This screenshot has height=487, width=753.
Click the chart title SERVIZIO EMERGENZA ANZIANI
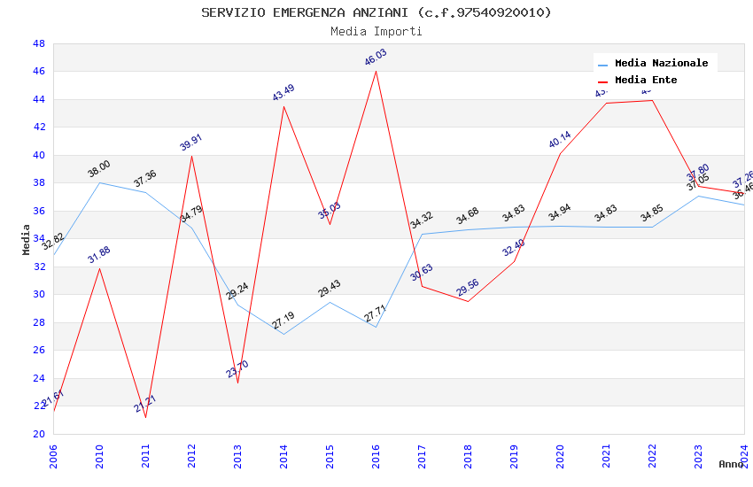point(376,12)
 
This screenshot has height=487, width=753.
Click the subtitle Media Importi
point(376,32)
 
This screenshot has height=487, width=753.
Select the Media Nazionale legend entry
point(661,64)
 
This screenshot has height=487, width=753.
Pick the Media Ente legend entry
point(646,81)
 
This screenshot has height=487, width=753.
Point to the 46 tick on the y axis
point(38,71)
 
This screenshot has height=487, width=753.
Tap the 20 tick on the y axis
point(38,434)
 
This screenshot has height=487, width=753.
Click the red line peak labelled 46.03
point(376,71)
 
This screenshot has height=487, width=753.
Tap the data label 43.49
point(283,93)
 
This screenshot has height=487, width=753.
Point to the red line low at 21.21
point(145,416)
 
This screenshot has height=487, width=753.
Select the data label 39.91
point(191,143)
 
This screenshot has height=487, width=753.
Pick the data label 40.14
point(560,140)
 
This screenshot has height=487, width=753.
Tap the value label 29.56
point(468,288)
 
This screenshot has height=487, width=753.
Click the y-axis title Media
point(27,239)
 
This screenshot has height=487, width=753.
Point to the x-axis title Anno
point(731,464)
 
